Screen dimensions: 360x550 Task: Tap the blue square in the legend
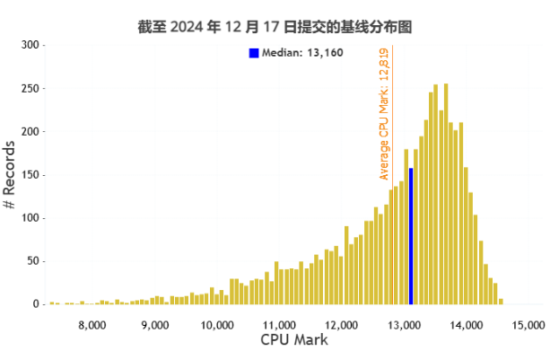(x=254, y=54)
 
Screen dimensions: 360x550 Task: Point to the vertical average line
(x=393, y=224)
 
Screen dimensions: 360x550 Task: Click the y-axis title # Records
(x=10, y=174)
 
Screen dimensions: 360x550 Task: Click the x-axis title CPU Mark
(x=294, y=340)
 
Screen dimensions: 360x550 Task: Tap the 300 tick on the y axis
(x=30, y=45)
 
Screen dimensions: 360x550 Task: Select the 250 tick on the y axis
(x=30, y=88)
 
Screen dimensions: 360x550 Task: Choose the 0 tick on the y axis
(x=36, y=304)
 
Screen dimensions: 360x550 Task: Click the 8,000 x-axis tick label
(x=93, y=324)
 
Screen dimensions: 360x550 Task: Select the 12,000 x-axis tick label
(x=343, y=324)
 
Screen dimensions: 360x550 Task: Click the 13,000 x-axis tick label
(x=405, y=324)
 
